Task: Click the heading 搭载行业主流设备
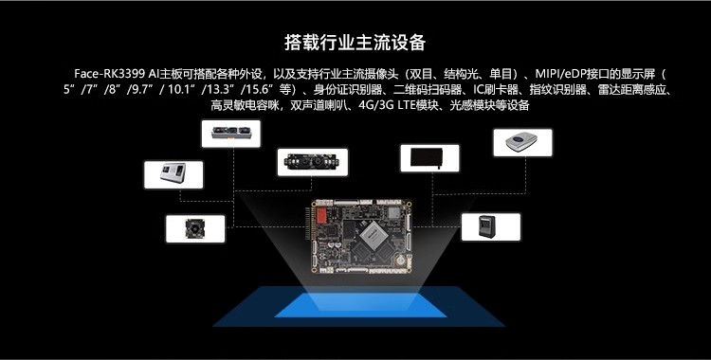355,43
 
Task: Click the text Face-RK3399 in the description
110,74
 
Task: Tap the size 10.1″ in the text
182,89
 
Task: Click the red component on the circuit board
321,215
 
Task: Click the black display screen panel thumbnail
427,158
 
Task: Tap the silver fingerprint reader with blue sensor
521,142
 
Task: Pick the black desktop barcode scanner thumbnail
487,226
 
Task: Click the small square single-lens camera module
195,228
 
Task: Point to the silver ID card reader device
173,172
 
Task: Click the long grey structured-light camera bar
230,133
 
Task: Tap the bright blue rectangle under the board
360,306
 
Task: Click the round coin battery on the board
401,261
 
